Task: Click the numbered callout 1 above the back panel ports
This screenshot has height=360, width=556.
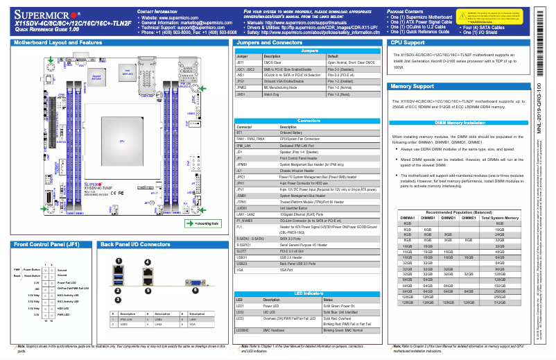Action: click(119, 261)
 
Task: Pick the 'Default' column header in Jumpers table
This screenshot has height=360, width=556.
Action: click(333, 55)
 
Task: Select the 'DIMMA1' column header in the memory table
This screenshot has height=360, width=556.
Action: click(408, 218)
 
